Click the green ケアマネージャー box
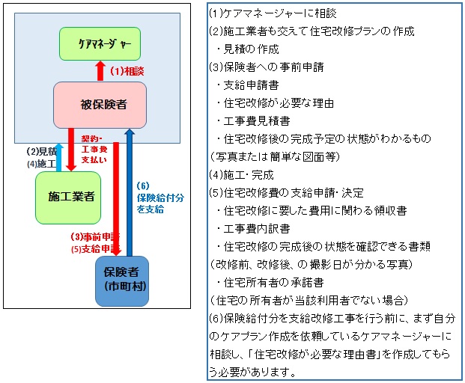[100, 45]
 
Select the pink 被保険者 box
[100, 103]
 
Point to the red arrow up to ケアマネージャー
[100, 72]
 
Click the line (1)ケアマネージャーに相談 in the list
[263, 14]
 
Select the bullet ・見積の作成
[247, 49]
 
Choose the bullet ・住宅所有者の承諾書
[265, 283]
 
